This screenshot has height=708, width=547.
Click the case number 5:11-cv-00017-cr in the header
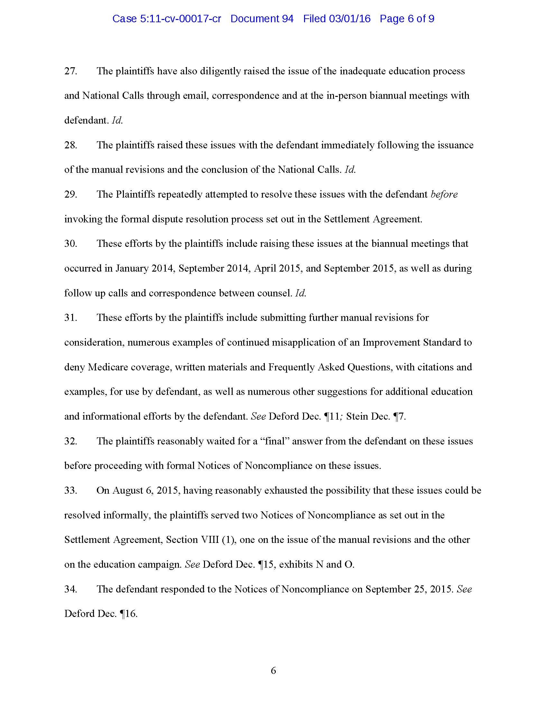(181, 19)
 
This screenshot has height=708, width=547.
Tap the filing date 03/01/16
(350, 19)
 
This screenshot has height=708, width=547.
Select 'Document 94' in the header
(262, 19)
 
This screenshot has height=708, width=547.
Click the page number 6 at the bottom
(273, 670)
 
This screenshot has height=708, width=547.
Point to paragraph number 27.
(70, 71)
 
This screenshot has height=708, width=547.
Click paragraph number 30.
(70, 244)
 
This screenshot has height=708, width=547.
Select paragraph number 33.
(70, 490)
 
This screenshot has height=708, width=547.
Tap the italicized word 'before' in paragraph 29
(444, 194)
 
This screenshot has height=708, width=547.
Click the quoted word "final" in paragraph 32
(274, 441)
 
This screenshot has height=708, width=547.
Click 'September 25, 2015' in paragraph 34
(409, 589)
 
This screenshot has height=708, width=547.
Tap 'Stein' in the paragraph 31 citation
(357, 416)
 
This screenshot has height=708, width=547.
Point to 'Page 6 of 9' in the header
(407, 19)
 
